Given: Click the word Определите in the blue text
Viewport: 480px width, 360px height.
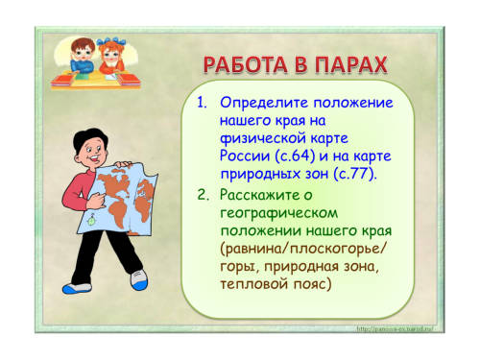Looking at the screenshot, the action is click(264, 104).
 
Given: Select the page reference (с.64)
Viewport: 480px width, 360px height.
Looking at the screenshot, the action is click(295, 156).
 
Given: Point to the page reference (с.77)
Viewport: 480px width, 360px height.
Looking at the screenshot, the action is click(355, 175).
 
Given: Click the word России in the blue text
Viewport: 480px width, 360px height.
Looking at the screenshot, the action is click(245, 156).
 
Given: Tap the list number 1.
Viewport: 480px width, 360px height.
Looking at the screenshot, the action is click(202, 103).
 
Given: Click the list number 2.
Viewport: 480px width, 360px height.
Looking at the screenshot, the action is click(203, 195).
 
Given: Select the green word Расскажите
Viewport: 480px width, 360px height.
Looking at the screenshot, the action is click(259, 195).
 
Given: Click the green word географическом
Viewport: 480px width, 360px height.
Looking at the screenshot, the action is click(279, 213).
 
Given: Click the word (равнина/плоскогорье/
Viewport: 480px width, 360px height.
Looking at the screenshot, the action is click(303, 249).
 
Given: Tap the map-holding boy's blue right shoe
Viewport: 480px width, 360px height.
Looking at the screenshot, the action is click(75, 289).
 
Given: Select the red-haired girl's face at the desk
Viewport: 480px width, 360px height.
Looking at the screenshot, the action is click(111, 56).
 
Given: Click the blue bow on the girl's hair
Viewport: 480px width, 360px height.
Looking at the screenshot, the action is click(111, 41).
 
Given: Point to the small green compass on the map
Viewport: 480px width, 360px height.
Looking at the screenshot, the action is click(91, 220).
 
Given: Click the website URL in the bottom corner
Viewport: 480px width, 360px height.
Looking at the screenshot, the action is click(395, 328).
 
